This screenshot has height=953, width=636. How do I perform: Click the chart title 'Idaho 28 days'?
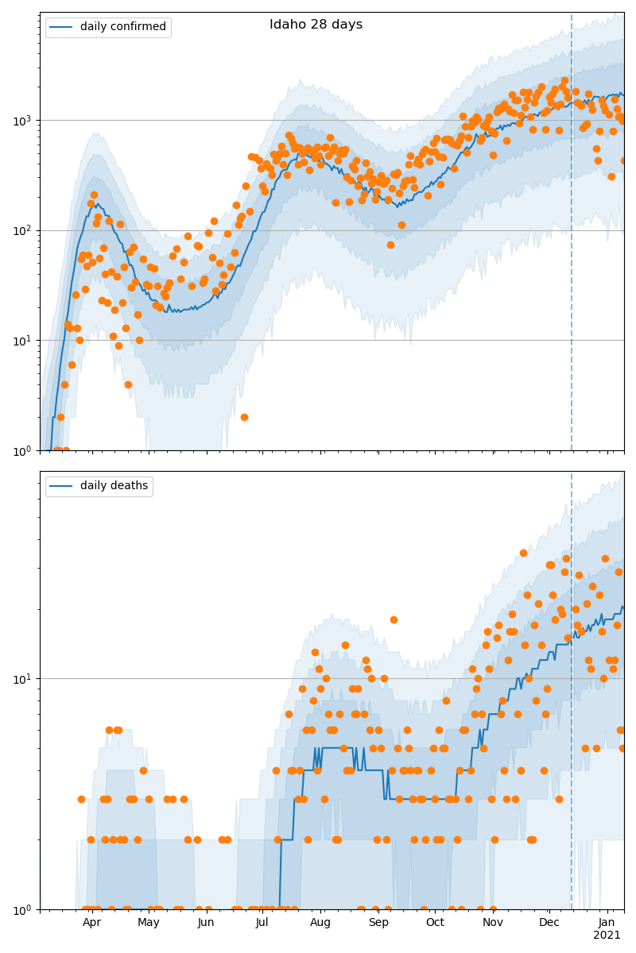pyautogui.click(x=316, y=25)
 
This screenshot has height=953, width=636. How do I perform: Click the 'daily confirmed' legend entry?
pyautogui.click(x=122, y=27)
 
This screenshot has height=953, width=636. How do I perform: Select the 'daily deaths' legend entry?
pyautogui.click(x=113, y=486)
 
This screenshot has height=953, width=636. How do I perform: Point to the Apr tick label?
pyautogui.click(x=92, y=922)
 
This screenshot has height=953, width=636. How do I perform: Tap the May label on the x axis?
pyautogui.click(x=149, y=922)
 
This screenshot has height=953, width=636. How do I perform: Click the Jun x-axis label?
pyautogui.click(x=206, y=922)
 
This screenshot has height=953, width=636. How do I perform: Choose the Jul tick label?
pyautogui.click(x=262, y=922)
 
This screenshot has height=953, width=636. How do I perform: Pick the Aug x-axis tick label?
pyautogui.click(x=320, y=922)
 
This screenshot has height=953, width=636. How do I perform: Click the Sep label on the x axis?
pyautogui.click(x=378, y=922)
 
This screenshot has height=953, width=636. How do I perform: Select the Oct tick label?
pyautogui.click(x=435, y=922)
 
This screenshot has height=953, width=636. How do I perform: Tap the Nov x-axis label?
pyautogui.click(x=493, y=922)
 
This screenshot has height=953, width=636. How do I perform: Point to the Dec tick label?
pyautogui.click(x=549, y=922)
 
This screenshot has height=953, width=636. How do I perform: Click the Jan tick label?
pyautogui.click(x=607, y=922)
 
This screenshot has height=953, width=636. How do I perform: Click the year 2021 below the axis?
pyautogui.click(x=607, y=936)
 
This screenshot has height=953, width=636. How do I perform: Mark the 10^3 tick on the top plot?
pyautogui.click(x=24, y=121)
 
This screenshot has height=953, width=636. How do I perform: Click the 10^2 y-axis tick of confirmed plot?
pyautogui.click(x=24, y=230)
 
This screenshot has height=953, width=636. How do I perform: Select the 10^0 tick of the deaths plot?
pyautogui.click(x=24, y=909)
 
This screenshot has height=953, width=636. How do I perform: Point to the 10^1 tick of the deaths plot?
pyautogui.click(x=24, y=679)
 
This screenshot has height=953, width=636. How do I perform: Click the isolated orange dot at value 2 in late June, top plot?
pyautogui.click(x=244, y=417)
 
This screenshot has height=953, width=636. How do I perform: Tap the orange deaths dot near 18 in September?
pyautogui.click(x=394, y=619)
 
